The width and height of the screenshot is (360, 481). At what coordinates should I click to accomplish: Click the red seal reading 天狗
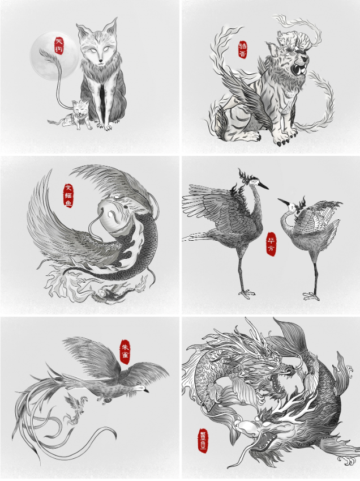pos(58,45)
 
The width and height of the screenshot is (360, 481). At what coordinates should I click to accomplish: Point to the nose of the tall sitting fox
pos(99,60)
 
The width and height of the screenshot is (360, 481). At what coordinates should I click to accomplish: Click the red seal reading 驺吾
pos(243,49)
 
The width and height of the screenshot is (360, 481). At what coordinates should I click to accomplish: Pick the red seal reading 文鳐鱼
pos(68,194)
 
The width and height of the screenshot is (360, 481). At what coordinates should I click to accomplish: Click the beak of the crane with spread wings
pos(263,186)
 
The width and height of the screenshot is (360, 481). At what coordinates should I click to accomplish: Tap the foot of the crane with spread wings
pos(245,293)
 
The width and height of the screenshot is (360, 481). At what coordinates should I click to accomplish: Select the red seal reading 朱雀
pos(125,352)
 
